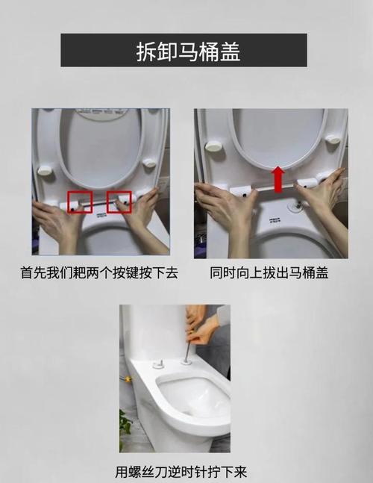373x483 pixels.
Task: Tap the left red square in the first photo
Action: [80, 202]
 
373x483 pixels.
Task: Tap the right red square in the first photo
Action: [119, 202]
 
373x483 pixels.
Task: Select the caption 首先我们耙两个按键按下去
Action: [99, 273]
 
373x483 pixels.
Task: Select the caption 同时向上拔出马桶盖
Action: [269, 273]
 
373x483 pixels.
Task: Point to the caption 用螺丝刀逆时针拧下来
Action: [181, 472]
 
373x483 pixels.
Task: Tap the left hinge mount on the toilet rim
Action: [159, 365]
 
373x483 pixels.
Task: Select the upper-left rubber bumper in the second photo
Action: [214, 146]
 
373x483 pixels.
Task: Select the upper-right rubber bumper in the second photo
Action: [333, 139]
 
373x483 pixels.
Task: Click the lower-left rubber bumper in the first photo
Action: [45, 170]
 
